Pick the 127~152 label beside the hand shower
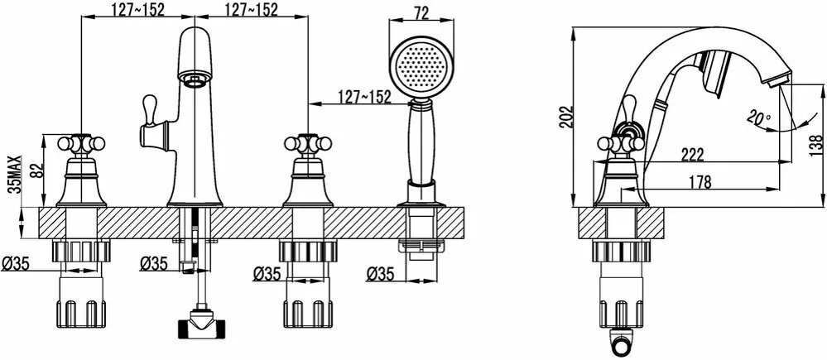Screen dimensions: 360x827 click(364, 96)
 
